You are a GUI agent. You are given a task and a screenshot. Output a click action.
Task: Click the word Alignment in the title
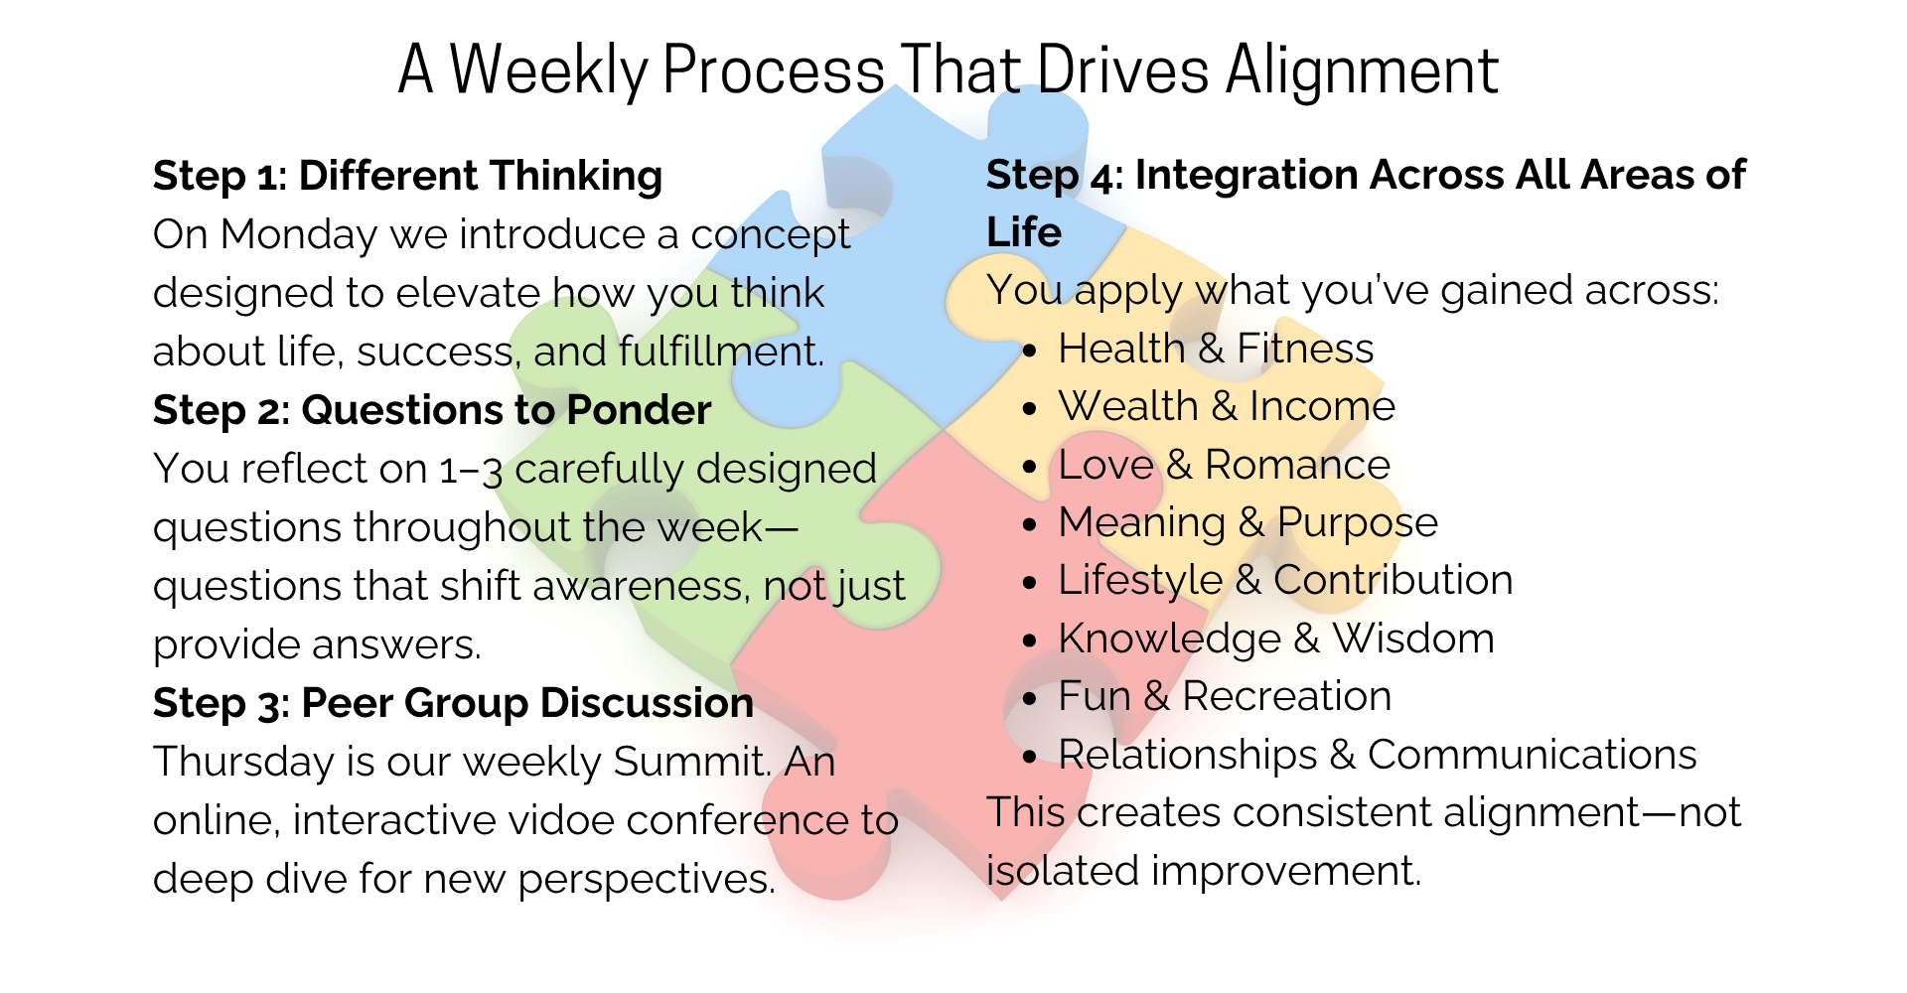[x=1362, y=71]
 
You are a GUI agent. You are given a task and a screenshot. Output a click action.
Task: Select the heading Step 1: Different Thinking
[x=407, y=176]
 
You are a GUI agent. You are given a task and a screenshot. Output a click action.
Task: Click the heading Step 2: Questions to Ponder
[x=432, y=410]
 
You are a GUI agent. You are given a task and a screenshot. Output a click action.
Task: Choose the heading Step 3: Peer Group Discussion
[x=453, y=703]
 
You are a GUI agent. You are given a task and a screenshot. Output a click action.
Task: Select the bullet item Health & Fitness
[x=1216, y=349]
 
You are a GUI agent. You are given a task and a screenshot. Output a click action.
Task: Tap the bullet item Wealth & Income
[x=1227, y=406]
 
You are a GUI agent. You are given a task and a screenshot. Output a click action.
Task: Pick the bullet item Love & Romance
[x=1225, y=465]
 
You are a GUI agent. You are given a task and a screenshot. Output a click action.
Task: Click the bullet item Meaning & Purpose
[x=1248, y=523]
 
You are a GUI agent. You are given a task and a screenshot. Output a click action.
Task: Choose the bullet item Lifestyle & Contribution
[x=1286, y=581]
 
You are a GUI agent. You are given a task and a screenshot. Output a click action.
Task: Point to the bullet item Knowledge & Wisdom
[x=1276, y=638]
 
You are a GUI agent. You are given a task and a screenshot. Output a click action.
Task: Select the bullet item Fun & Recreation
[x=1225, y=696]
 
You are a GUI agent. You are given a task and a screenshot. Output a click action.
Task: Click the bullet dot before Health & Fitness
[x=1030, y=352]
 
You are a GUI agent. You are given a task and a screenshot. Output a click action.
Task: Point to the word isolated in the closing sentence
[x=1063, y=871]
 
